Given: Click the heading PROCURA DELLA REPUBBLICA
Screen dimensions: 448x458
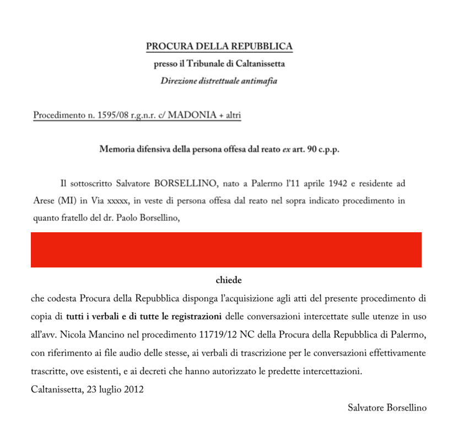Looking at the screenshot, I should (219, 46).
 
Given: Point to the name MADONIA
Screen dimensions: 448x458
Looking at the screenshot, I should (191, 116).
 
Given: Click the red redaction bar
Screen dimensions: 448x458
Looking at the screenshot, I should (226, 249).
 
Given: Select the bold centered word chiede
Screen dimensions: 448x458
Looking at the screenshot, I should (229, 280).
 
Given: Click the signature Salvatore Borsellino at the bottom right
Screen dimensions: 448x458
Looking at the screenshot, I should (387, 407).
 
